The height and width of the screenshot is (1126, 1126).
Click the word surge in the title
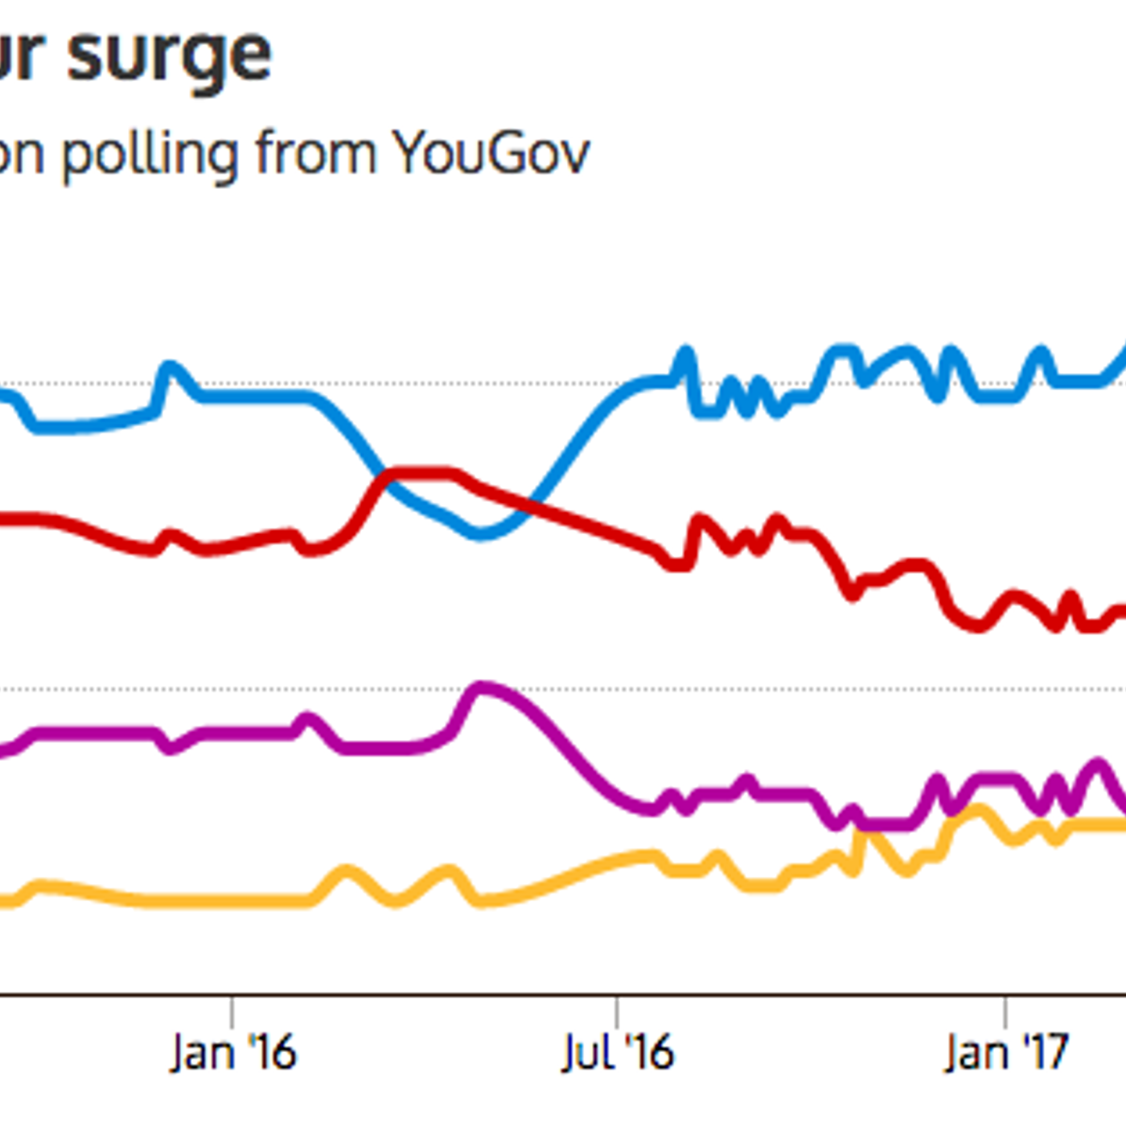170,56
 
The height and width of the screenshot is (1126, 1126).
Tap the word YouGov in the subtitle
491,153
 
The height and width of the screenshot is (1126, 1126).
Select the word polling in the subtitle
150,154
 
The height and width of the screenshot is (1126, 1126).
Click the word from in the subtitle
316,153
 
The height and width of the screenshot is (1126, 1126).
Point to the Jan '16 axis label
233,1052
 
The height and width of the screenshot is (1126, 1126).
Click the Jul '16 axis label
618,1052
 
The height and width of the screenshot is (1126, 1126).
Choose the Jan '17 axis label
1005,1052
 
